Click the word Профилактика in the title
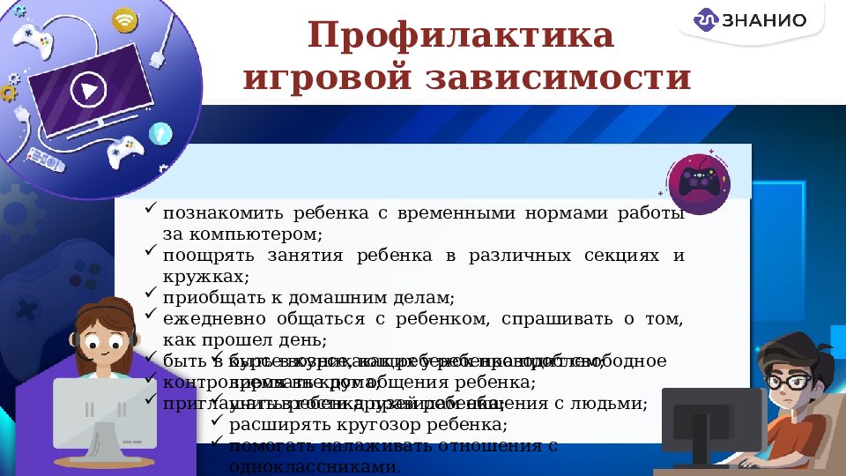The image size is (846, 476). click(460, 36)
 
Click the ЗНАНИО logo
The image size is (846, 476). click(751, 19)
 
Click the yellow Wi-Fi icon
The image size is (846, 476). click(125, 19)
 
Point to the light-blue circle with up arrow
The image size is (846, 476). click(160, 133)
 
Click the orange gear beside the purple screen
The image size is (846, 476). click(9, 92)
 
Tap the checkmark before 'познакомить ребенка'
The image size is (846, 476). click(151, 211)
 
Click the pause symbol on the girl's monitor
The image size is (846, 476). click(89, 409)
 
